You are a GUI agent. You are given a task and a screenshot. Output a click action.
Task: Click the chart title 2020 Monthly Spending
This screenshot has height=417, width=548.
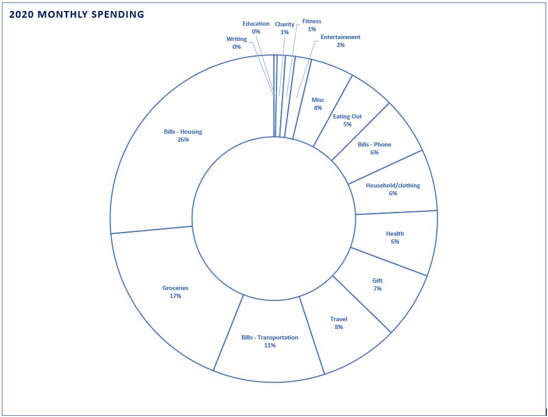pos(77,14)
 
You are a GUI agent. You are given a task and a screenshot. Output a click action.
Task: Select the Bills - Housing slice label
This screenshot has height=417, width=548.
pos(183,131)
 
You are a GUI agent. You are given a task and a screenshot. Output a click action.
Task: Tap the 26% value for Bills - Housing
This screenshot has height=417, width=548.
pos(183,140)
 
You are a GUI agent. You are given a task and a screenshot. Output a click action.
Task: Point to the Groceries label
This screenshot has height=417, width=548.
pos(175,288)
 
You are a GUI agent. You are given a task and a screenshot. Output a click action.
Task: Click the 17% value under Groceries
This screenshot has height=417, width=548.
pos(175,296)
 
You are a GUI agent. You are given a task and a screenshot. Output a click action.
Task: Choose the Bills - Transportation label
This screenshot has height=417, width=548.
pos(270,337)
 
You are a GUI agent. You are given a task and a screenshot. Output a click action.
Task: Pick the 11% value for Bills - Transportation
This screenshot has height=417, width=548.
pos(270,346)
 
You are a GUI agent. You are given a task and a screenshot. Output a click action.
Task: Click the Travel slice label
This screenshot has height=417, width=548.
pos(339,319)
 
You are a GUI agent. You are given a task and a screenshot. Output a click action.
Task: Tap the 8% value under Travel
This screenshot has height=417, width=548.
pos(339,327)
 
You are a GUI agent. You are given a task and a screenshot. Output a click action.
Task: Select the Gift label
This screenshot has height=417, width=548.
pos(378,280)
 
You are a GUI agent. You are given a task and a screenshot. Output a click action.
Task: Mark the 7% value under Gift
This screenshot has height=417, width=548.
pos(378,289)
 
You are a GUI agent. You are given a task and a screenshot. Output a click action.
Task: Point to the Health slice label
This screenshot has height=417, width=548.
pos(395,233)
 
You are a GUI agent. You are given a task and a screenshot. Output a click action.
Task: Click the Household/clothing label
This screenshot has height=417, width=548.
pos(393,185)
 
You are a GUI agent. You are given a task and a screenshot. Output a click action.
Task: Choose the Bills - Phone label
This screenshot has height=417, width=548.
pos(375,145)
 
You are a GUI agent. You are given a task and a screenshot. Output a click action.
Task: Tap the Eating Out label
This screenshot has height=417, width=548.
pos(347,116)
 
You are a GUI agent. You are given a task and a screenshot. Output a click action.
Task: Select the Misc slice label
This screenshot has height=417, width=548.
pos(318,100)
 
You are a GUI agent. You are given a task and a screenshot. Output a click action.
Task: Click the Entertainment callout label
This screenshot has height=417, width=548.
pos(341,37)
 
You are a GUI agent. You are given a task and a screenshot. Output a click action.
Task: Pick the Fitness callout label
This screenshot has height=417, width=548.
pos(312,21)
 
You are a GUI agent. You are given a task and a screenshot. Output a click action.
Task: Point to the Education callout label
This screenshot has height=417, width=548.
pos(256,24)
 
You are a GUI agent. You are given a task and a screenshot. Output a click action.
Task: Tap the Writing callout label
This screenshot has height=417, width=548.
pos(237,39)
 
